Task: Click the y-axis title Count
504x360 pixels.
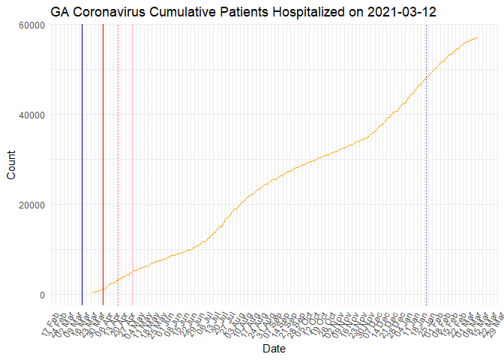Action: pyautogui.click(x=10, y=166)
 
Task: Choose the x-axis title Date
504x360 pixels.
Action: pyautogui.click(x=273, y=349)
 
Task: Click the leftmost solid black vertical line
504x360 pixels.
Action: pyautogui.click(x=82, y=165)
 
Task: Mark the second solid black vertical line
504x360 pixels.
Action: pyautogui.click(x=103, y=165)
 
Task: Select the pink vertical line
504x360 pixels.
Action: pyautogui.click(x=133, y=165)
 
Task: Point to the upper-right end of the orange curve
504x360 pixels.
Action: pyautogui.click(x=478, y=37)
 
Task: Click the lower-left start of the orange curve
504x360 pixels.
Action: pyautogui.click(x=93, y=292)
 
